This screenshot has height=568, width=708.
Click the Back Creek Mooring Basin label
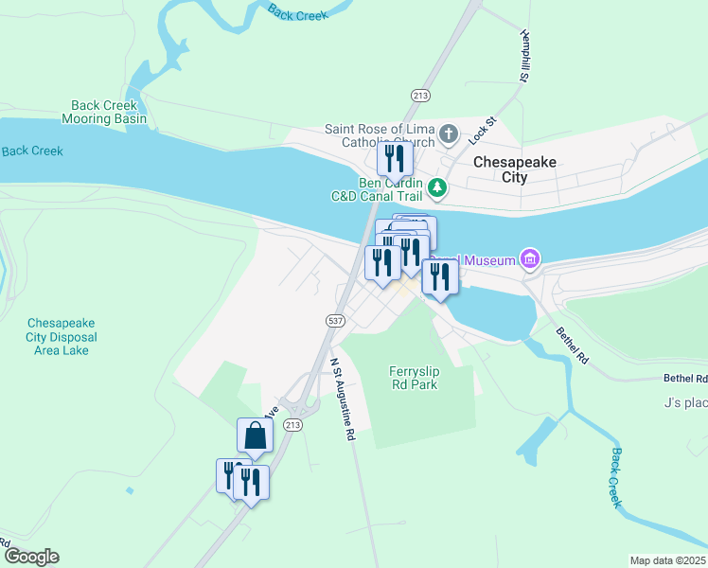point(104,113)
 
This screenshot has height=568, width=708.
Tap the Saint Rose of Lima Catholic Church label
point(380,135)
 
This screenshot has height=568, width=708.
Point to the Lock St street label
point(482,130)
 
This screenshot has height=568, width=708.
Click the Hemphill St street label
point(523,56)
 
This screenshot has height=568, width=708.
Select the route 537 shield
point(335,321)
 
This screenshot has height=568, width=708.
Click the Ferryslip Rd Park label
point(416,377)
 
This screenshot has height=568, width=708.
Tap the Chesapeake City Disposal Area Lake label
point(62,336)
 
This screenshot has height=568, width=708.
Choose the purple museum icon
point(529,258)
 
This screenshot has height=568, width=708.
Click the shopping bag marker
point(255,435)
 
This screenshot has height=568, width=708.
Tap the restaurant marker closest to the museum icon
point(440,276)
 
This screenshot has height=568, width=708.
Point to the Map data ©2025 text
point(667,560)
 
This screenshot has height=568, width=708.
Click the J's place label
point(686,403)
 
